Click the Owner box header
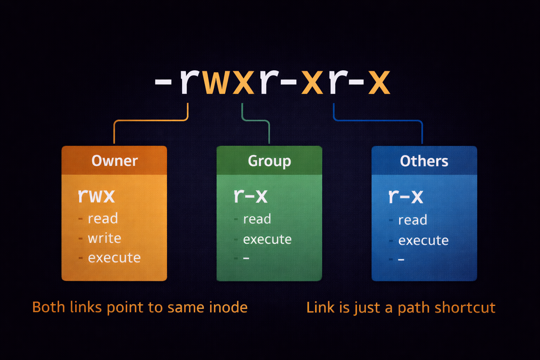click(114, 161)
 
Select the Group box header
click(269, 161)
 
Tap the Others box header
click(424, 161)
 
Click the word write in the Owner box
click(104, 238)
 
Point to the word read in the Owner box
click(103, 218)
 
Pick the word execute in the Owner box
click(114, 258)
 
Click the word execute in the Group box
click(267, 239)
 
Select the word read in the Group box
click(257, 219)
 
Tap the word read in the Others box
click(412, 220)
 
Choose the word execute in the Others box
click(423, 240)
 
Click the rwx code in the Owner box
click(96, 195)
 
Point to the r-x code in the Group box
click(251, 196)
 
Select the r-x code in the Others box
click(406, 196)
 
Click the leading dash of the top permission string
click(163, 83)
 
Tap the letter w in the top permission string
click(213, 82)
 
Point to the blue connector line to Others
click(378, 121)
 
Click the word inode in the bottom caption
click(229, 307)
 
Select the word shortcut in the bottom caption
click(465, 308)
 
